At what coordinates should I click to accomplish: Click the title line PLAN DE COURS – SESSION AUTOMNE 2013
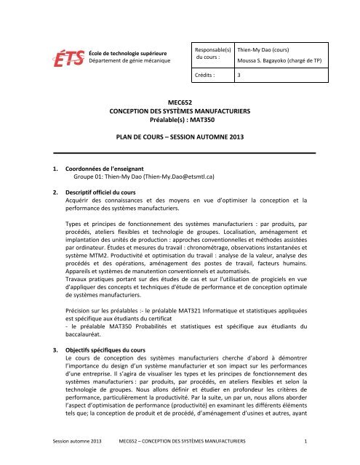pyautogui.click(x=179, y=136)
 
